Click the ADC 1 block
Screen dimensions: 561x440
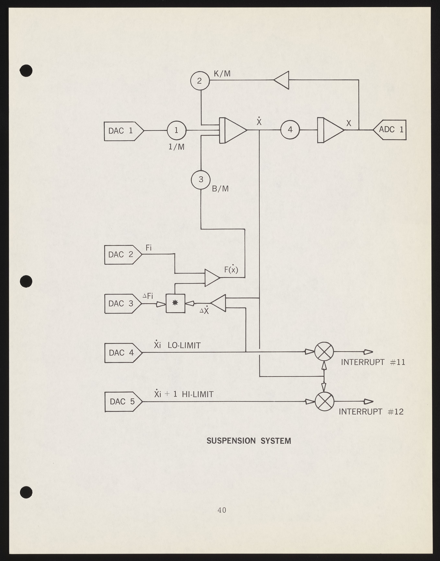pos(390,130)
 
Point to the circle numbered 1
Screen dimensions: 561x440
pos(176,130)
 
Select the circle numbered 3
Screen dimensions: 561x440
pos(201,180)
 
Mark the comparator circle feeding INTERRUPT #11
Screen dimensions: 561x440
pos(324,351)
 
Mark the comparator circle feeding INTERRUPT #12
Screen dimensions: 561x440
pos(324,401)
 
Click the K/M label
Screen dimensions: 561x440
pos(222,74)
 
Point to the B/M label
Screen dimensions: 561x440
pos(220,189)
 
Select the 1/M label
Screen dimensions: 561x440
pos(176,147)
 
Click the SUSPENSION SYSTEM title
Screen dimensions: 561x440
pos(249,441)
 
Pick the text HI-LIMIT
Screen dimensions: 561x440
pos(198,394)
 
